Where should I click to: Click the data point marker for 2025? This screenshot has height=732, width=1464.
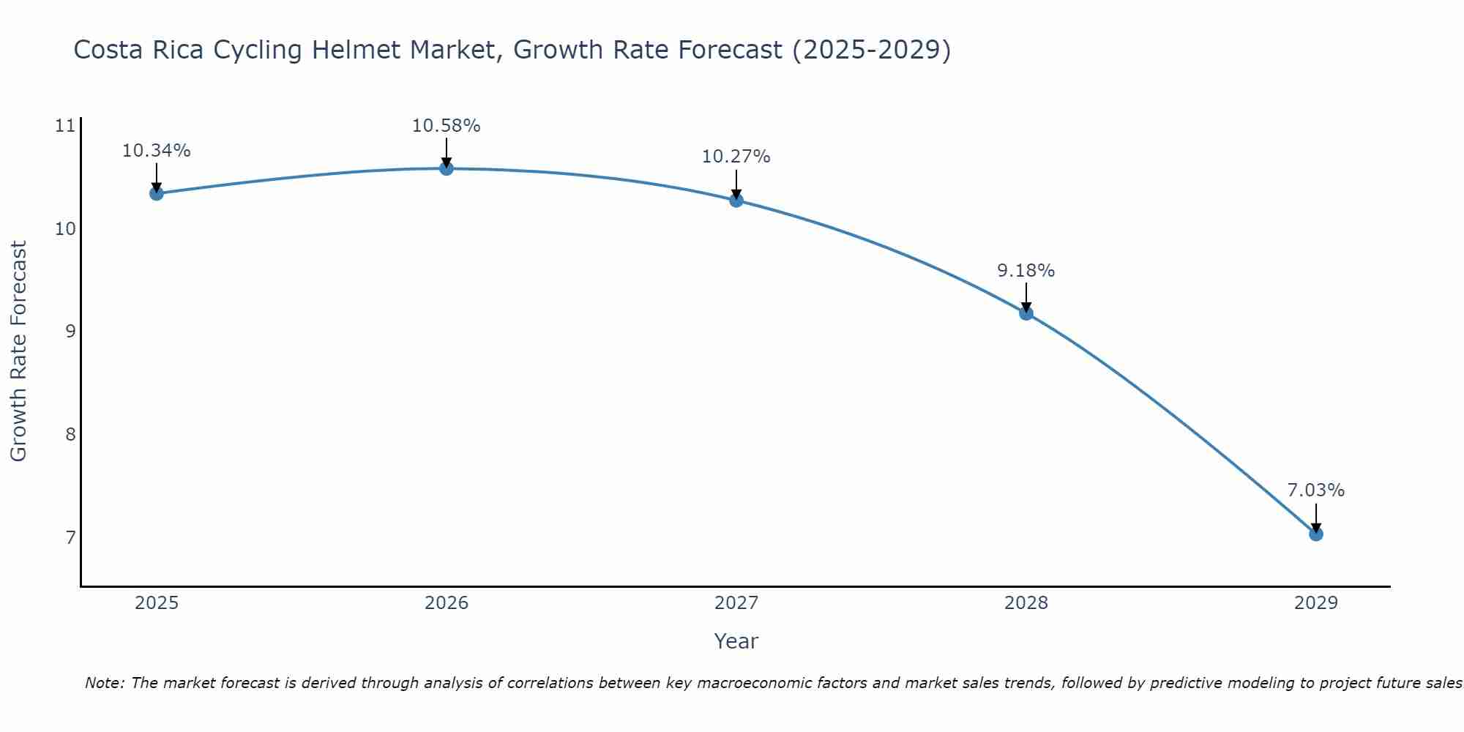pyautogui.click(x=156, y=193)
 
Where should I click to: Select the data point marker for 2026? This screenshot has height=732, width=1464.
pyautogui.click(x=447, y=168)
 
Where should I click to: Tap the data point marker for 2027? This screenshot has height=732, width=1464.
pyautogui.click(x=736, y=200)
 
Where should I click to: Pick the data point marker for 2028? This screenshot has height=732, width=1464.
pyautogui.click(x=1026, y=313)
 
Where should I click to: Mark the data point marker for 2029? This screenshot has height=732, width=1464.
pyautogui.click(x=1316, y=534)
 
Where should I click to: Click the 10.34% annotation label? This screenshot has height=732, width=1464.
pyautogui.click(x=156, y=151)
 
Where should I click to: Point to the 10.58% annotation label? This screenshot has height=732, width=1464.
pyautogui.click(x=447, y=126)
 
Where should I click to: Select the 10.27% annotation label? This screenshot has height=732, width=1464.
pyautogui.click(x=736, y=157)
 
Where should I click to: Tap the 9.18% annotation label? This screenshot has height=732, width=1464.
pyautogui.click(x=1026, y=271)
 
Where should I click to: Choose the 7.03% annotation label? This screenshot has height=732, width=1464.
pyautogui.click(x=1316, y=490)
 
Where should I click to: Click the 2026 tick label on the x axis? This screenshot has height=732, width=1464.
pyautogui.click(x=447, y=603)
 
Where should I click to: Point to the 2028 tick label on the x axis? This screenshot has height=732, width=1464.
pyautogui.click(x=1026, y=603)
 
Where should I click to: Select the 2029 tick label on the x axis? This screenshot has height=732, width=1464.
pyautogui.click(x=1316, y=603)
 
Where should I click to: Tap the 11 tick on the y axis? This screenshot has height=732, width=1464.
pyautogui.click(x=65, y=126)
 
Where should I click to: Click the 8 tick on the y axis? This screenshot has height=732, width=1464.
pyautogui.click(x=70, y=435)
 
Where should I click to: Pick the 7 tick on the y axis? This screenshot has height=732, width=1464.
pyautogui.click(x=70, y=538)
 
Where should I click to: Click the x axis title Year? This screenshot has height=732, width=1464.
pyautogui.click(x=736, y=641)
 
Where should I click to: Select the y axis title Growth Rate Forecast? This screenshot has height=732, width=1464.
pyautogui.click(x=19, y=351)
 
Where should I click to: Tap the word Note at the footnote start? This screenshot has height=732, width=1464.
pyautogui.click(x=105, y=683)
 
